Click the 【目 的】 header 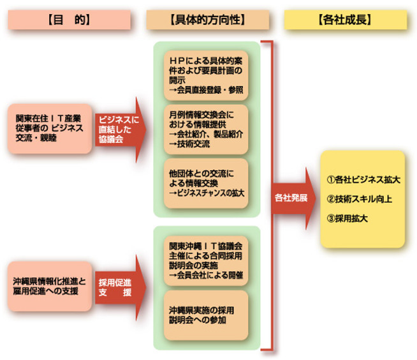pos(69,20)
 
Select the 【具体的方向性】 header pos(207,20)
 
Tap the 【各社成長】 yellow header pos(344,20)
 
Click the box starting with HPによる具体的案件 pos(206,75)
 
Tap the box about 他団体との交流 pos(206,183)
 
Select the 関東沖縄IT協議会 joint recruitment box pos(206,261)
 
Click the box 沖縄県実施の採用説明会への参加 pos(206,315)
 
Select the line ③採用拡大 pos(347,218)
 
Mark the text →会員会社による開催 pos(206,275)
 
